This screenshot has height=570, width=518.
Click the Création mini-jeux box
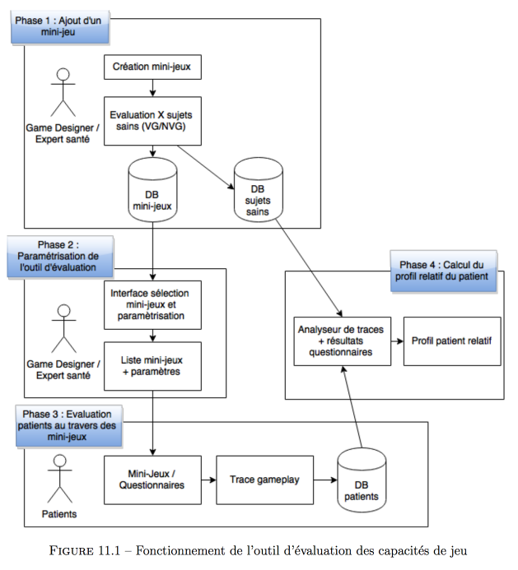[x=152, y=67]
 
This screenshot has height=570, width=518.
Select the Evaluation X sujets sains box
[x=152, y=121]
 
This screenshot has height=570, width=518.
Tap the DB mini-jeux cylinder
[x=152, y=189]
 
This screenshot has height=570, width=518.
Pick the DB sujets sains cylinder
[x=258, y=189]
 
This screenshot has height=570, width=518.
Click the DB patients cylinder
[x=362, y=480]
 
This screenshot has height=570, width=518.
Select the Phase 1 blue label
[x=60, y=27]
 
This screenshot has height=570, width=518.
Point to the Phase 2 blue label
[x=60, y=257]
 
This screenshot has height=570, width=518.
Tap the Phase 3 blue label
[x=69, y=426]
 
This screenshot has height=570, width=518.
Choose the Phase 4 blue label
[x=443, y=271]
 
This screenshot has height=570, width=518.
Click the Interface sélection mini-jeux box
[x=152, y=305]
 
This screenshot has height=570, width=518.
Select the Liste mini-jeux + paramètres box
[x=152, y=366]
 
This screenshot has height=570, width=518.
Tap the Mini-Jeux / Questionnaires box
[x=152, y=480]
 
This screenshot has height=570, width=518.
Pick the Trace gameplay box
[x=264, y=480]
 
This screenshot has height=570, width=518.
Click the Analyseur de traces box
[x=343, y=341]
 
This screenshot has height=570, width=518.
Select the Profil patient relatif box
[x=452, y=341]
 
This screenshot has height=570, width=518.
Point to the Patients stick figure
[x=59, y=479]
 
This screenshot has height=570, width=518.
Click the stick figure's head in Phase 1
[x=63, y=74]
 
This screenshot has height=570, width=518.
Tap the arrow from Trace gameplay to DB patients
[x=325, y=480]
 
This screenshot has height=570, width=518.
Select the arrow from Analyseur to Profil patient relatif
[x=397, y=341]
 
